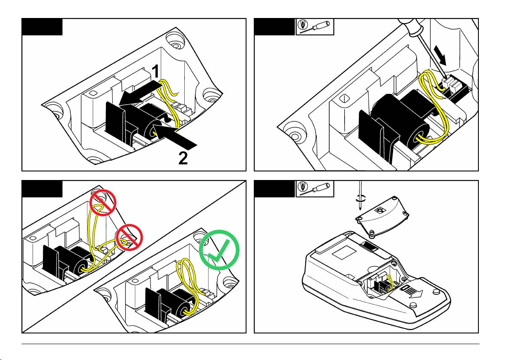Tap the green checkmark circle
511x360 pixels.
tap(219, 251)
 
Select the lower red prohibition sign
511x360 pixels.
tap(129, 236)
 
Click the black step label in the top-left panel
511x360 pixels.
tap(42, 27)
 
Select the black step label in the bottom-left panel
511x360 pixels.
tap(42, 189)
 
